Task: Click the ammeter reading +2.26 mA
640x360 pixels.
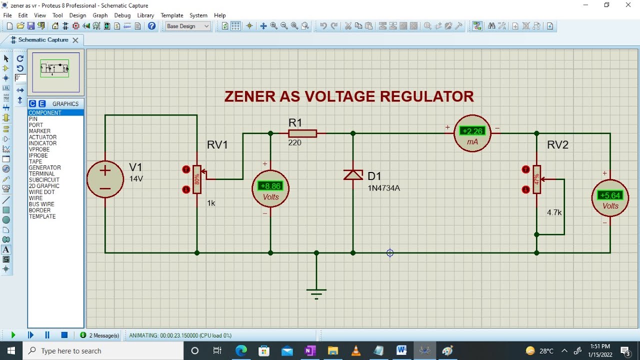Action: tap(472, 133)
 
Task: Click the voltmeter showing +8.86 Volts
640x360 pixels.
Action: tap(270, 189)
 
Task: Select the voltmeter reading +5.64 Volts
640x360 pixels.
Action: tap(610, 198)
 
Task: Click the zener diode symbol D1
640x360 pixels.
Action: tap(353, 174)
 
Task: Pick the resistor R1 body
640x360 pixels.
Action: tap(302, 133)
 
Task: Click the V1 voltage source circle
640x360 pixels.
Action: tap(105, 179)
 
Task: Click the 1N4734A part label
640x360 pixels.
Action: tap(383, 188)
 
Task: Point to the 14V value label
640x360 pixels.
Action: tap(136, 179)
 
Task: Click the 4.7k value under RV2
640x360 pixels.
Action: tap(554, 212)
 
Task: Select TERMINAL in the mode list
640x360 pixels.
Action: tap(41, 173)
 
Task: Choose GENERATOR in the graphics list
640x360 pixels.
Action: tap(45, 167)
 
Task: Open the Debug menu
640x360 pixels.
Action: tap(122, 15)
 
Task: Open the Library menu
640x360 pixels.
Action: tap(145, 15)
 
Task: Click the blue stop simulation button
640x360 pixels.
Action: tap(64, 335)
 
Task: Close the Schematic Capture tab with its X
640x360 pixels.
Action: tap(75, 40)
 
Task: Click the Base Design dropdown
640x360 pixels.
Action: tap(187, 26)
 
